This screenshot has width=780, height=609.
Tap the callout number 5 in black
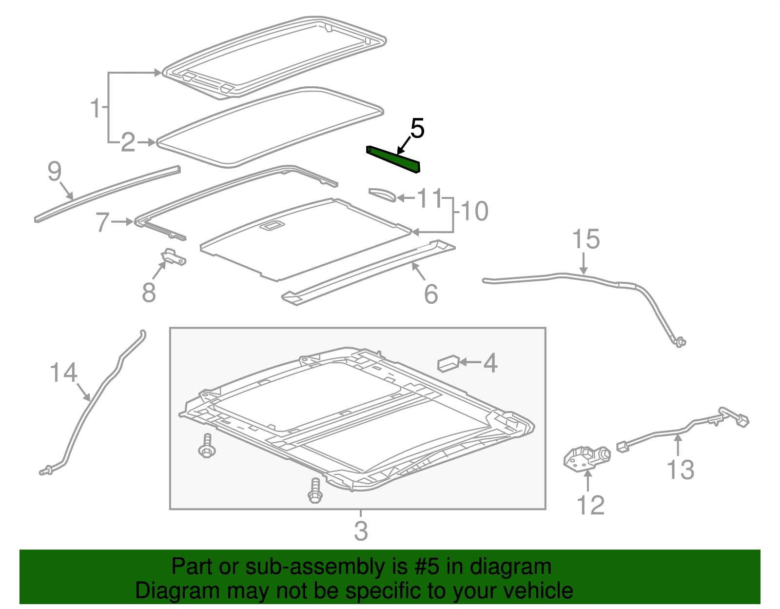[x=417, y=128]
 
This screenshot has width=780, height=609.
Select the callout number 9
[x=55, y=172]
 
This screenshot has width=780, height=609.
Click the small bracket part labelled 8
[x=174, y=257]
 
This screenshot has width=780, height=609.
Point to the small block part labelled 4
[x=448, y=363]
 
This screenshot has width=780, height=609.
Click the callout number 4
[x=489, y=363]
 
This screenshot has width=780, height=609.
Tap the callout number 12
[x=590, y=505]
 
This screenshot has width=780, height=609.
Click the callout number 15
[x=585, y=239]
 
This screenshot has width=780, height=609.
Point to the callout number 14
[x=64, y=373]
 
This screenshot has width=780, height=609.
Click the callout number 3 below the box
[x=361, y=531]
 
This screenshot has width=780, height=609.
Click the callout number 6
[x=431, y=294]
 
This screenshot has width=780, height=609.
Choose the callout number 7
[x=102, y=222]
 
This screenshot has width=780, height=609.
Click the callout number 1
[x=96, y=108]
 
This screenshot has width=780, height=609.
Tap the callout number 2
[x=128, y=142]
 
